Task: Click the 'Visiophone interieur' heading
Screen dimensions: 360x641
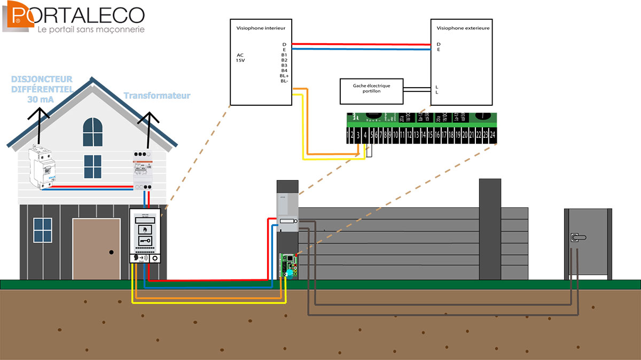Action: [x=256, y=27]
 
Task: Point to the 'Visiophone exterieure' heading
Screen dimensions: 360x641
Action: [x=463, y=27]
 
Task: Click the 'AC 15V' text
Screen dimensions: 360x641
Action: [x=241, y=57]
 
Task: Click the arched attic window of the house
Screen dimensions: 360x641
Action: [x=92, y=132]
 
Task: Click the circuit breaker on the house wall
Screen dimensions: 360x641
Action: [x=41, y=166]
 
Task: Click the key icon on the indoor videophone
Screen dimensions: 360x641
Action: [x=146, y=241]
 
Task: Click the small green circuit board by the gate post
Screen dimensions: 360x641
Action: [x=289, y=264]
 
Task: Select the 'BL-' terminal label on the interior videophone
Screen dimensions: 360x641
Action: [x=284, y=81]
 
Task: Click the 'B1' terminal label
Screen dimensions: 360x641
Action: [x=284, y=54]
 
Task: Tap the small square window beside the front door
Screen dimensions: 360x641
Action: [x=42, y=230]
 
